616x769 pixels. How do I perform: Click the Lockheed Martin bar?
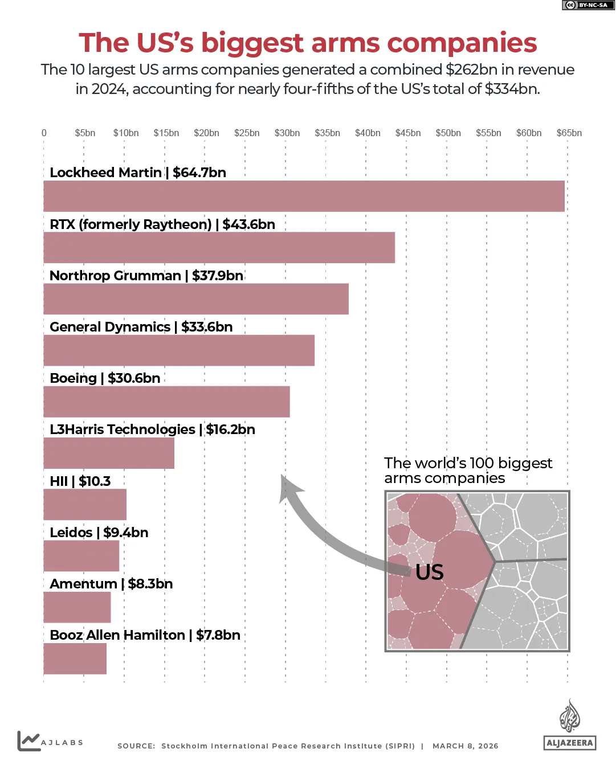304,196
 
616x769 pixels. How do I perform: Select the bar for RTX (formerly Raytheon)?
219,248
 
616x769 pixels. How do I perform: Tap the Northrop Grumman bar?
196,299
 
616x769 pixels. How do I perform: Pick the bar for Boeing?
166,402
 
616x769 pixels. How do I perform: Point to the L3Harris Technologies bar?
109,453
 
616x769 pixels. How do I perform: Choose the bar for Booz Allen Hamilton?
75,658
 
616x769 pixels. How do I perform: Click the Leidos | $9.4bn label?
99,533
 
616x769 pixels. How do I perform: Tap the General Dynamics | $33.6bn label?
141,327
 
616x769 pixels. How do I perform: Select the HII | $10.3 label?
80,481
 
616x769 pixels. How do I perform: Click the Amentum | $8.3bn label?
111,584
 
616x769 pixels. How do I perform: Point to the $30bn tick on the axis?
287,133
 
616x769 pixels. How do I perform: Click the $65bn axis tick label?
569,133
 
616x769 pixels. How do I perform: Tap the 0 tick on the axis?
44,133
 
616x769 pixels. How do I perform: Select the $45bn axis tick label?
408,133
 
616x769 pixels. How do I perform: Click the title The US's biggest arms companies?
308,43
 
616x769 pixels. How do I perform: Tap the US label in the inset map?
429,572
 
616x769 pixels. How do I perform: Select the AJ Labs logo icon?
28,741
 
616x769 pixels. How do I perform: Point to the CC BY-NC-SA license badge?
588,5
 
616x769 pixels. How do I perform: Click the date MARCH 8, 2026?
465,746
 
